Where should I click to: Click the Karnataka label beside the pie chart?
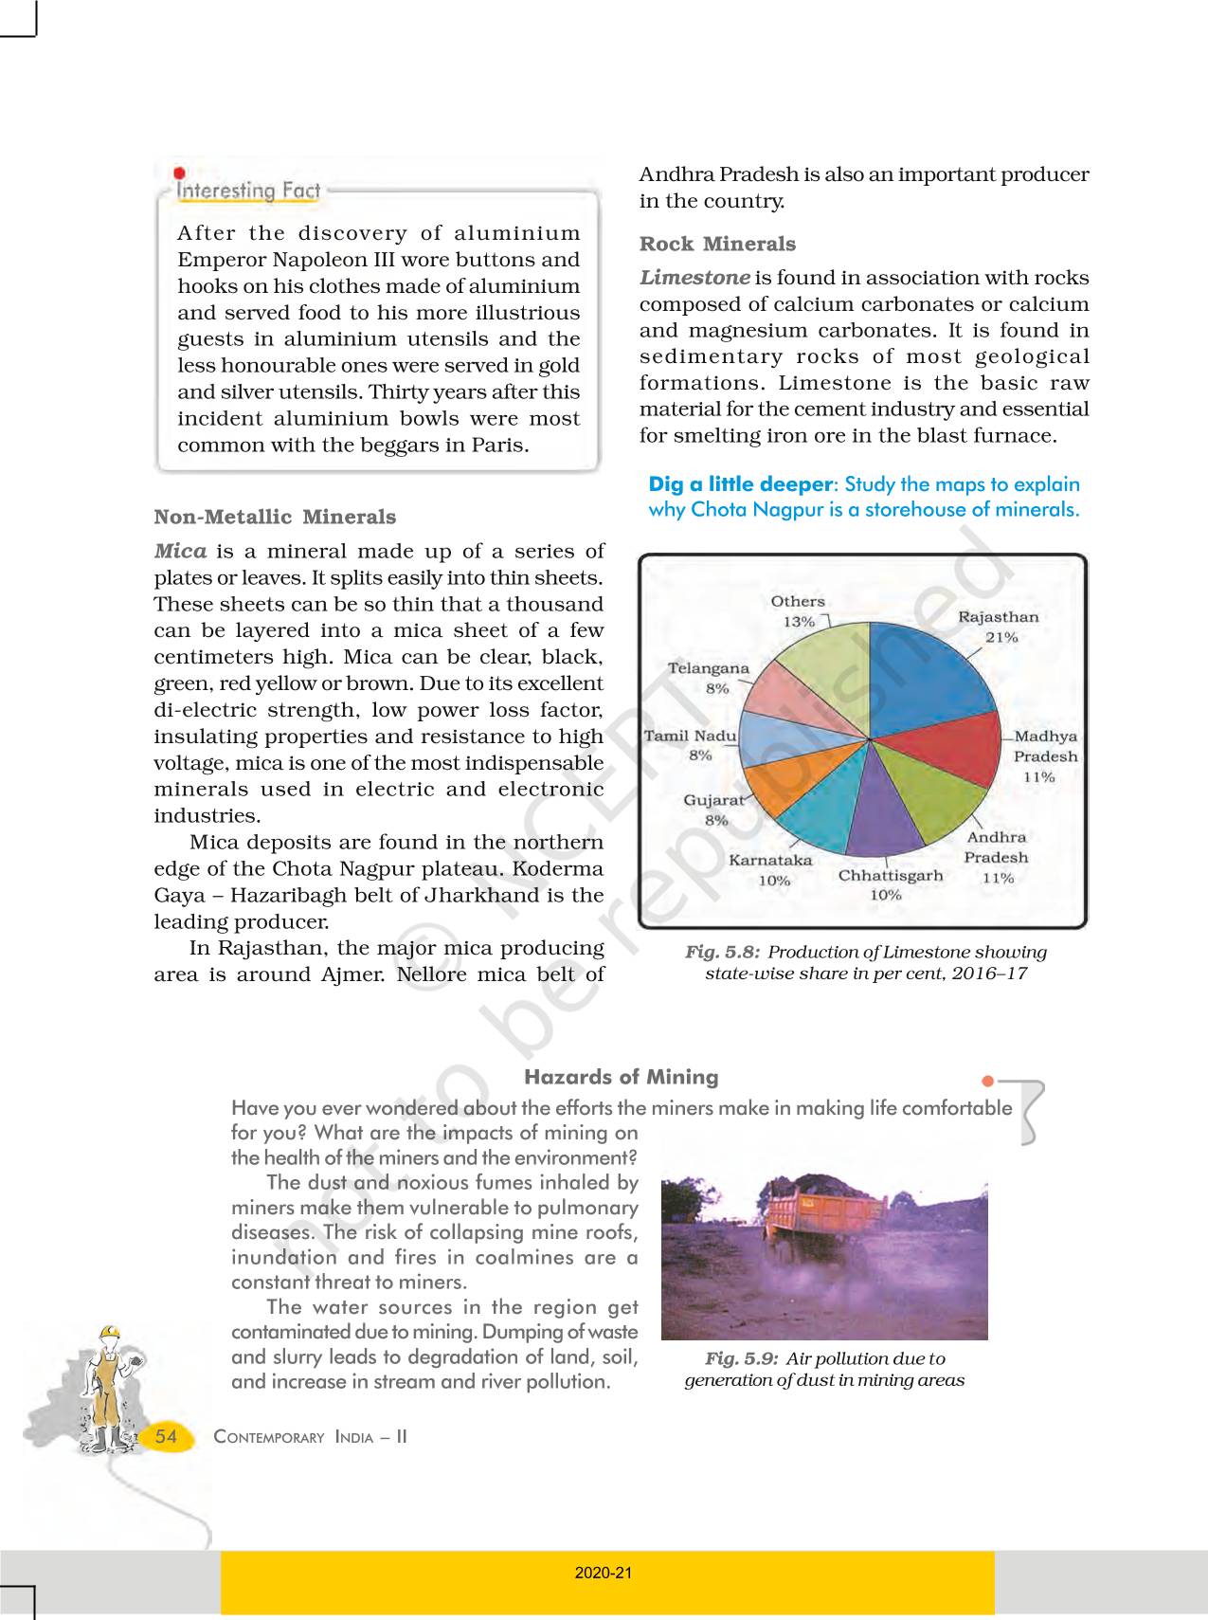click(x=770, y=861)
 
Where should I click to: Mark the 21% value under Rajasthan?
click(x=1001, y=637)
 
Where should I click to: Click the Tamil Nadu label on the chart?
click(x=690, y=736)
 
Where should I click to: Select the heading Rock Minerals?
click(x=717, y=244)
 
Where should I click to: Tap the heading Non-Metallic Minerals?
click(x=275, y=518)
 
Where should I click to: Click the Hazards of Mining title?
click(x=621, y=1077)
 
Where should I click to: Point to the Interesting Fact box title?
click(x=249, y=191)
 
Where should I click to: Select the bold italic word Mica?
click(x=180, y=551)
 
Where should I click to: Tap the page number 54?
click(x=166, y=1436)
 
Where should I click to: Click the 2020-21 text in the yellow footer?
click(x=603, y=1573)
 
